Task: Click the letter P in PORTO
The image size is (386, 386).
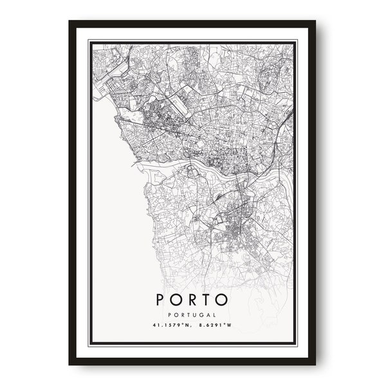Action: [161, 300]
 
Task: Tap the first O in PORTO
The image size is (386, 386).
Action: [177, 300]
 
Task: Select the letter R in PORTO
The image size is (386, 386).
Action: [193, 300]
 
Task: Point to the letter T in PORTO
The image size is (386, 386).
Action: [208, 300]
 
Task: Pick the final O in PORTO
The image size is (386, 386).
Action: [223, 300]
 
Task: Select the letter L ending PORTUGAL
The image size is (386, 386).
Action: [214, 315]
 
